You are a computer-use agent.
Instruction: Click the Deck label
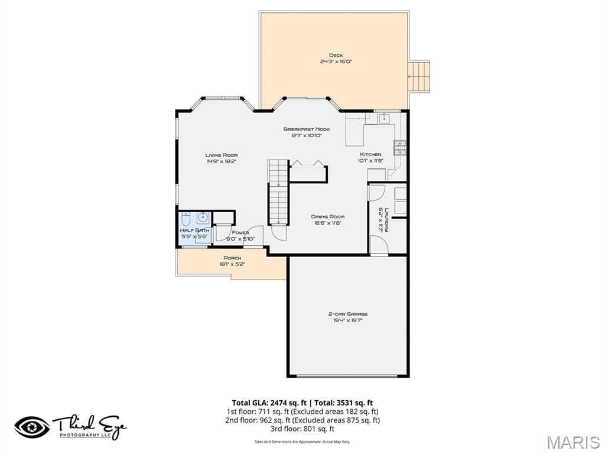coord(336,56)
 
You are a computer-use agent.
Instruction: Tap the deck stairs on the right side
coord(419,77)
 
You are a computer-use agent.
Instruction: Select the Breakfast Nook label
coord(306,129)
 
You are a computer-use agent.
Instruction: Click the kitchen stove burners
coord(400,147)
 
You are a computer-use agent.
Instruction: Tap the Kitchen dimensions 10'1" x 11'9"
coord(370,161)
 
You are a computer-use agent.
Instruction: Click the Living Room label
coord(222,155)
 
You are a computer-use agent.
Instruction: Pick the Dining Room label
coord(327,216)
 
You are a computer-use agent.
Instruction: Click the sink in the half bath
coord(201,216)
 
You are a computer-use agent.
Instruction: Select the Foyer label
coord(240,232)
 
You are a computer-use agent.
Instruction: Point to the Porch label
coord(232,258)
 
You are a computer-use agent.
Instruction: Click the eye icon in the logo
coord(32,427)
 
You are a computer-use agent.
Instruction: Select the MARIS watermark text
coord(573,442)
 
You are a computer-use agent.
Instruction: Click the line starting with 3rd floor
coord(302,429)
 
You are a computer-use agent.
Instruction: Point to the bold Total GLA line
coord(302,403)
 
